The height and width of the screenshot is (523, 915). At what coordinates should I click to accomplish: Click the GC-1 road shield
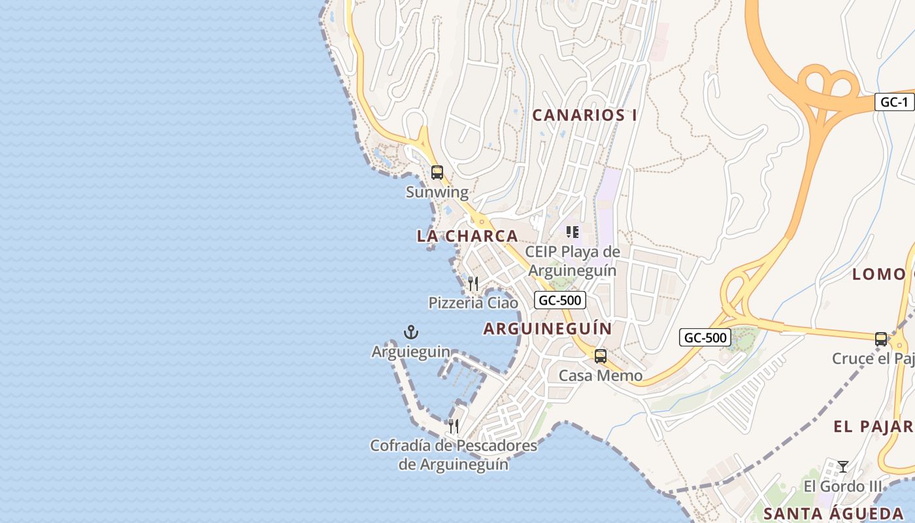tap(894, 102)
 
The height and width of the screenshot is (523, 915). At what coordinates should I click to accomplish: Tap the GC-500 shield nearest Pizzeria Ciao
tap(559, 300)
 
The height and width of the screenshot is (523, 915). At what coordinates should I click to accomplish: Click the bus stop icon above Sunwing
tap(437, 173)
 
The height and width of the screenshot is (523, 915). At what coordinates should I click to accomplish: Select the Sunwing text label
tap(437, 192)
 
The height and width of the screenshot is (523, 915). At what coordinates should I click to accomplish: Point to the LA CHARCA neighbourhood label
tap(467, 236)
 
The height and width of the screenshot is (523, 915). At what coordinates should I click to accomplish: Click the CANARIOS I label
tap(584, 115)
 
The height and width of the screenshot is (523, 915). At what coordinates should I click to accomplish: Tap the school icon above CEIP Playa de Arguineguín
tap(573, 232)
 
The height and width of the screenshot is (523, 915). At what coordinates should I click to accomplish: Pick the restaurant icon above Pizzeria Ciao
tap(473, 283)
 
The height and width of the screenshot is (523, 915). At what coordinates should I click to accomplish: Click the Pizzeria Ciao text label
tap(473, 303)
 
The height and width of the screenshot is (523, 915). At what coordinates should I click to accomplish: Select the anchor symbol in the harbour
tap(411, 332)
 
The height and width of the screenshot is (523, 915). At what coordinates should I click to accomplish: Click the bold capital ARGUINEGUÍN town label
tap(548, 329)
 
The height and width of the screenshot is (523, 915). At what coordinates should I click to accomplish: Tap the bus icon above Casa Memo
tap(600, 356)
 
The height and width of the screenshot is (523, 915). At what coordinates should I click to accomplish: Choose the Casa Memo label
tap(600, 376)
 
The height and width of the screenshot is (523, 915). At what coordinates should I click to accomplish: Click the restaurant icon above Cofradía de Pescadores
tap(454, 426)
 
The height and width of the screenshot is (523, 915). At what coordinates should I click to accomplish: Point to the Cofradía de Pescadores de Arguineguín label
tap(454, 455)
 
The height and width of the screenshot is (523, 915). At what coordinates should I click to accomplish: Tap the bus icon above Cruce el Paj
tap(881, 339)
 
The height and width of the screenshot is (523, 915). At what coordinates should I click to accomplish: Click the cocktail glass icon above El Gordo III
tap(843, 466)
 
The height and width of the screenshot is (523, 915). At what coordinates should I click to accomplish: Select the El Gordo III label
tap(842, 486)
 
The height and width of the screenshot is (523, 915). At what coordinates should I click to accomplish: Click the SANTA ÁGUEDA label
tap(833, 513)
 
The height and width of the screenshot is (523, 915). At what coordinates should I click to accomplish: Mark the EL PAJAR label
tap(873, 427)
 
